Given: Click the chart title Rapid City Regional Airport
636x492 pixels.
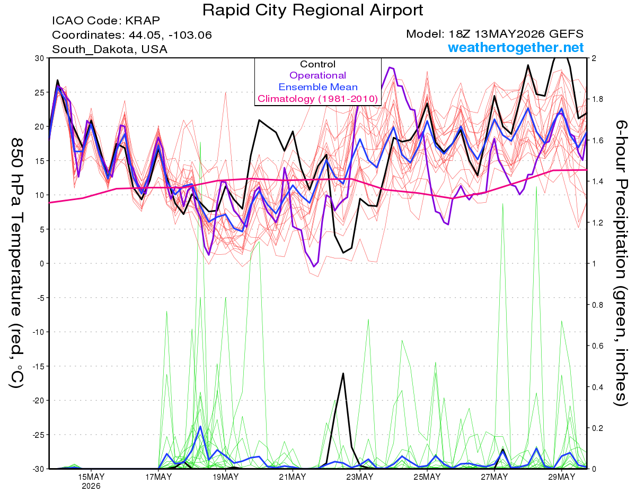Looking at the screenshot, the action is [x=313, y=10].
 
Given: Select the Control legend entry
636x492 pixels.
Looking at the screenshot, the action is [x=317, y=64].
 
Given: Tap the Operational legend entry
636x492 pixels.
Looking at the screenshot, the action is [x=317, y=75].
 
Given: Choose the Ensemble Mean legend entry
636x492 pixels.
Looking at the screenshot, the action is [x=318, y=87].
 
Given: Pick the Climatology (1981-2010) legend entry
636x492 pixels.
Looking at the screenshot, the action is [x=318, y=99].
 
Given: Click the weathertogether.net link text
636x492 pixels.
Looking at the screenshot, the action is [x=516, y=47].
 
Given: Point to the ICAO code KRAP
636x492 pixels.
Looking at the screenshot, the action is [x=143, y=21].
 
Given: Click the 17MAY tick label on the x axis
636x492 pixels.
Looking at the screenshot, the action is [x=158, y=477].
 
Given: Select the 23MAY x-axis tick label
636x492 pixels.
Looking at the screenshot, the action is [x=360, y=477].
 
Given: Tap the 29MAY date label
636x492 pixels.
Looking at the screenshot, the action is [x=561, y=477].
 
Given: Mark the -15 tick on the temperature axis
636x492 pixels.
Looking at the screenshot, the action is [x=38, y=366].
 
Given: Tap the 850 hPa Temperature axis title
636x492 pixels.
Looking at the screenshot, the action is [x=16, y=263].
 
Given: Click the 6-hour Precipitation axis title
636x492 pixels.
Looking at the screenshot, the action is [x=621, y=263].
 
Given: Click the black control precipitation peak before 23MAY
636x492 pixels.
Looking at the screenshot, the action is [x=343, y=374].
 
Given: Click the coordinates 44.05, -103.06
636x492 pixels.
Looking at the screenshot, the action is [x=170, y=35].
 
